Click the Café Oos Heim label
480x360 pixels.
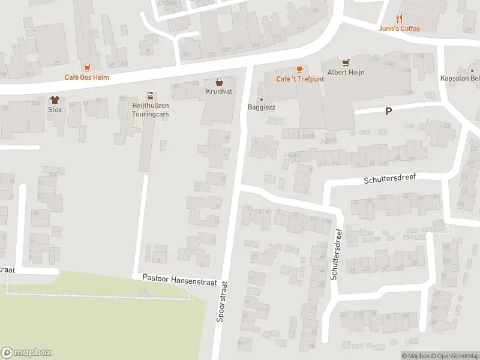[87, 77]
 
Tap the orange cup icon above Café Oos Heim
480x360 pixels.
[87, 67]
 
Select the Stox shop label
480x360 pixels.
[55, 110]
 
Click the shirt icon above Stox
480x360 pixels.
[55, 100]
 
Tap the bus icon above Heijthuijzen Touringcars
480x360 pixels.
[150, 95]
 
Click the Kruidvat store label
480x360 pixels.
[220, 91]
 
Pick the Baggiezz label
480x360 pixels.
[261, 107]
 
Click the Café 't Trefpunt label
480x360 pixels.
[300, 79]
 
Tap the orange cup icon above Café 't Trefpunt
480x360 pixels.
[300, 69]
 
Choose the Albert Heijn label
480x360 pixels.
[346, 73]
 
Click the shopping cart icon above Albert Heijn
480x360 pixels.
[346, 62]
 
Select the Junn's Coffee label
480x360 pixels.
[400, 28]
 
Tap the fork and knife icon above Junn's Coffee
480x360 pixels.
[400, 18]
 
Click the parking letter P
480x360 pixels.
[388, 111]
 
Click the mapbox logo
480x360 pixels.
[26, 353]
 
